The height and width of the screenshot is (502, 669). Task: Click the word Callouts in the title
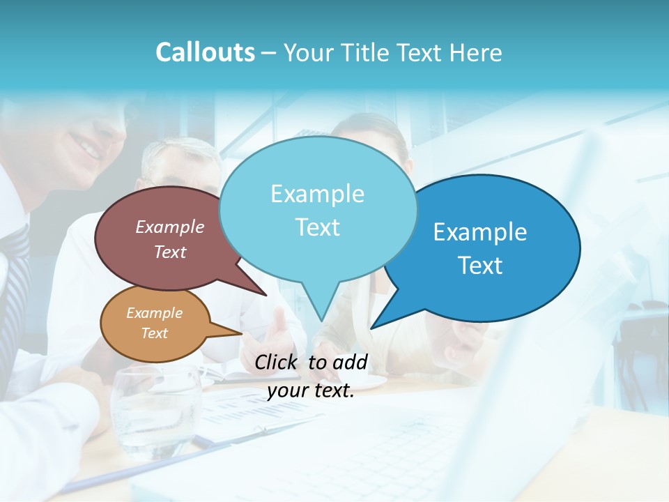[x=205, y=52]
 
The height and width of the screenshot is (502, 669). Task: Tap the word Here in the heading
[x=476, y=52]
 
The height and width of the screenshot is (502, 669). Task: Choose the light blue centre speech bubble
[x=317, y=209]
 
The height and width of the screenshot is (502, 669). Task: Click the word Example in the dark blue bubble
[x=480, y=232]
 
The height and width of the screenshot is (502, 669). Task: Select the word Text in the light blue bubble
[x=317, y=227]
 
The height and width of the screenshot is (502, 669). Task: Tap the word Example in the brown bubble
[x=170, y=227]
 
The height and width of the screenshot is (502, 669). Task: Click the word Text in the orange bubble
[x=155, y=333]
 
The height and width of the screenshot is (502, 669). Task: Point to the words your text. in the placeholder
[x=311, y=391]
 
